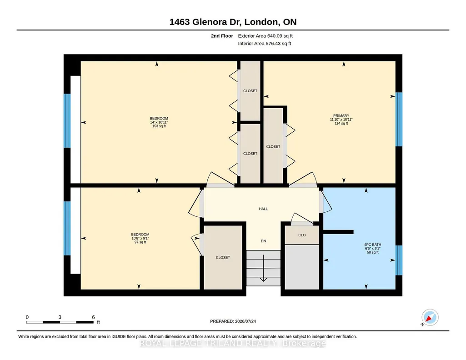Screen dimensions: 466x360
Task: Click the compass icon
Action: (430, 318)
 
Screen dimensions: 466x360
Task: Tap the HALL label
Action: (263, 209)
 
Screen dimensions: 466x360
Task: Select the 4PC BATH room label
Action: (373, 245)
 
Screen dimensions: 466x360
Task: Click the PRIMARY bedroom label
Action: (341, 115)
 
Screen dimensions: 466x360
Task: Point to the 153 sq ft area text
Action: (159, 126)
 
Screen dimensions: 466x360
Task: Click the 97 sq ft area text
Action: (140, 242)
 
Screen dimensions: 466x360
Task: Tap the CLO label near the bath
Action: (302, 235)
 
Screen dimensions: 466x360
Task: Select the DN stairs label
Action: (263, 241)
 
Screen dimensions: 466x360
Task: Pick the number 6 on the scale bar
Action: (93, 317)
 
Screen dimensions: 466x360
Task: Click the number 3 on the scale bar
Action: (60, 317)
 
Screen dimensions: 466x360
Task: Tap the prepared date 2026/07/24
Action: (246, 321)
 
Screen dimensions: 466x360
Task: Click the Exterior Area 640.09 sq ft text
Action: (266, 36)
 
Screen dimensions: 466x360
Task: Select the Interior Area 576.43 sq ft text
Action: (265, 43)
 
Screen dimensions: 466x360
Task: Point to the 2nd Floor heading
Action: (222, 36)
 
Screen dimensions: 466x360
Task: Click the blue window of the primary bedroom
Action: (399, 120)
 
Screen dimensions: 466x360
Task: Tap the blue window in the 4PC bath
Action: (399, 260)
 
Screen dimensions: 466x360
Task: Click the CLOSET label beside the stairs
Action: (223, 258)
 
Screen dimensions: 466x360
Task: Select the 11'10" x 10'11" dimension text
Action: (341, 120)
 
